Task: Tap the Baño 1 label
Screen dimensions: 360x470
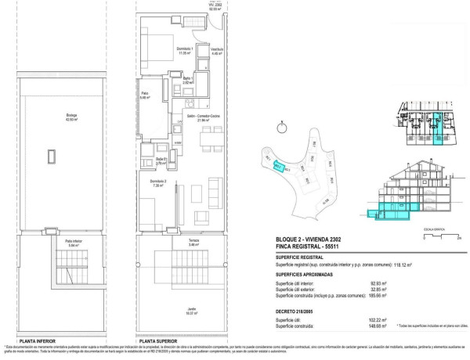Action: click(188, 80)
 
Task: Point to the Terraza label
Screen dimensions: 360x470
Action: click(193, 243)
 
